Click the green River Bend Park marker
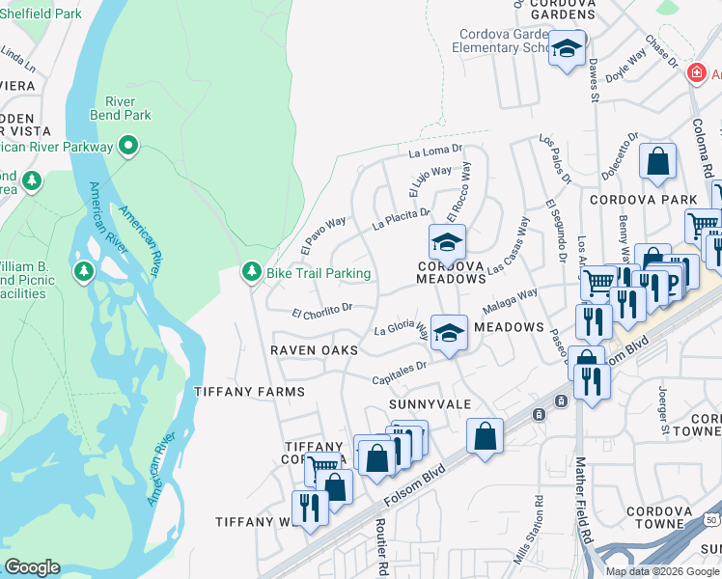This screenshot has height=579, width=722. tap(128, 147)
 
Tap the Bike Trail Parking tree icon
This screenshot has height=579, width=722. tap(252, 273)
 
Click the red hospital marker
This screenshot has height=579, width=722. tap(695, 74)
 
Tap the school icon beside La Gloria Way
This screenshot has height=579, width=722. tap(448, 333)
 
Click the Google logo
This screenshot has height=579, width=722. tap(32, 567)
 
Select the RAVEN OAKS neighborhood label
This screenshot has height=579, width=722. tap(314, 349)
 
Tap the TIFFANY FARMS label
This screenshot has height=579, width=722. tap(249, 392)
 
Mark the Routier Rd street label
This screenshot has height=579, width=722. tap(382, 540)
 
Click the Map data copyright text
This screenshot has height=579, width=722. tap(661, 570)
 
